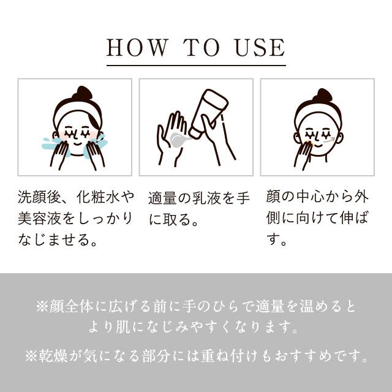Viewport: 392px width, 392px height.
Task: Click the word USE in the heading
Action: click(260, 47)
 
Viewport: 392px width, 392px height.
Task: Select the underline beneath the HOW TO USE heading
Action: click(196, 64)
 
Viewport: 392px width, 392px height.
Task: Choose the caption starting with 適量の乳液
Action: click(195, 208)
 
